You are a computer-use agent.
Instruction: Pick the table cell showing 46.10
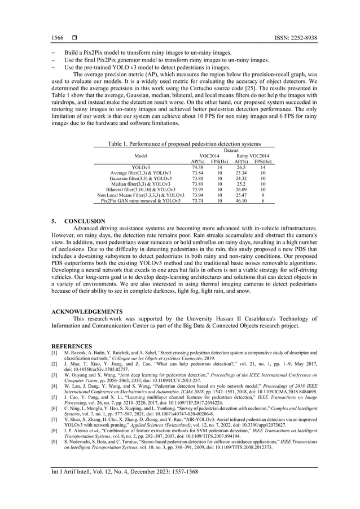tap(241, 200)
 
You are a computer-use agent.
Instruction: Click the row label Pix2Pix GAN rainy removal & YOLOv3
tap(141, 200)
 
